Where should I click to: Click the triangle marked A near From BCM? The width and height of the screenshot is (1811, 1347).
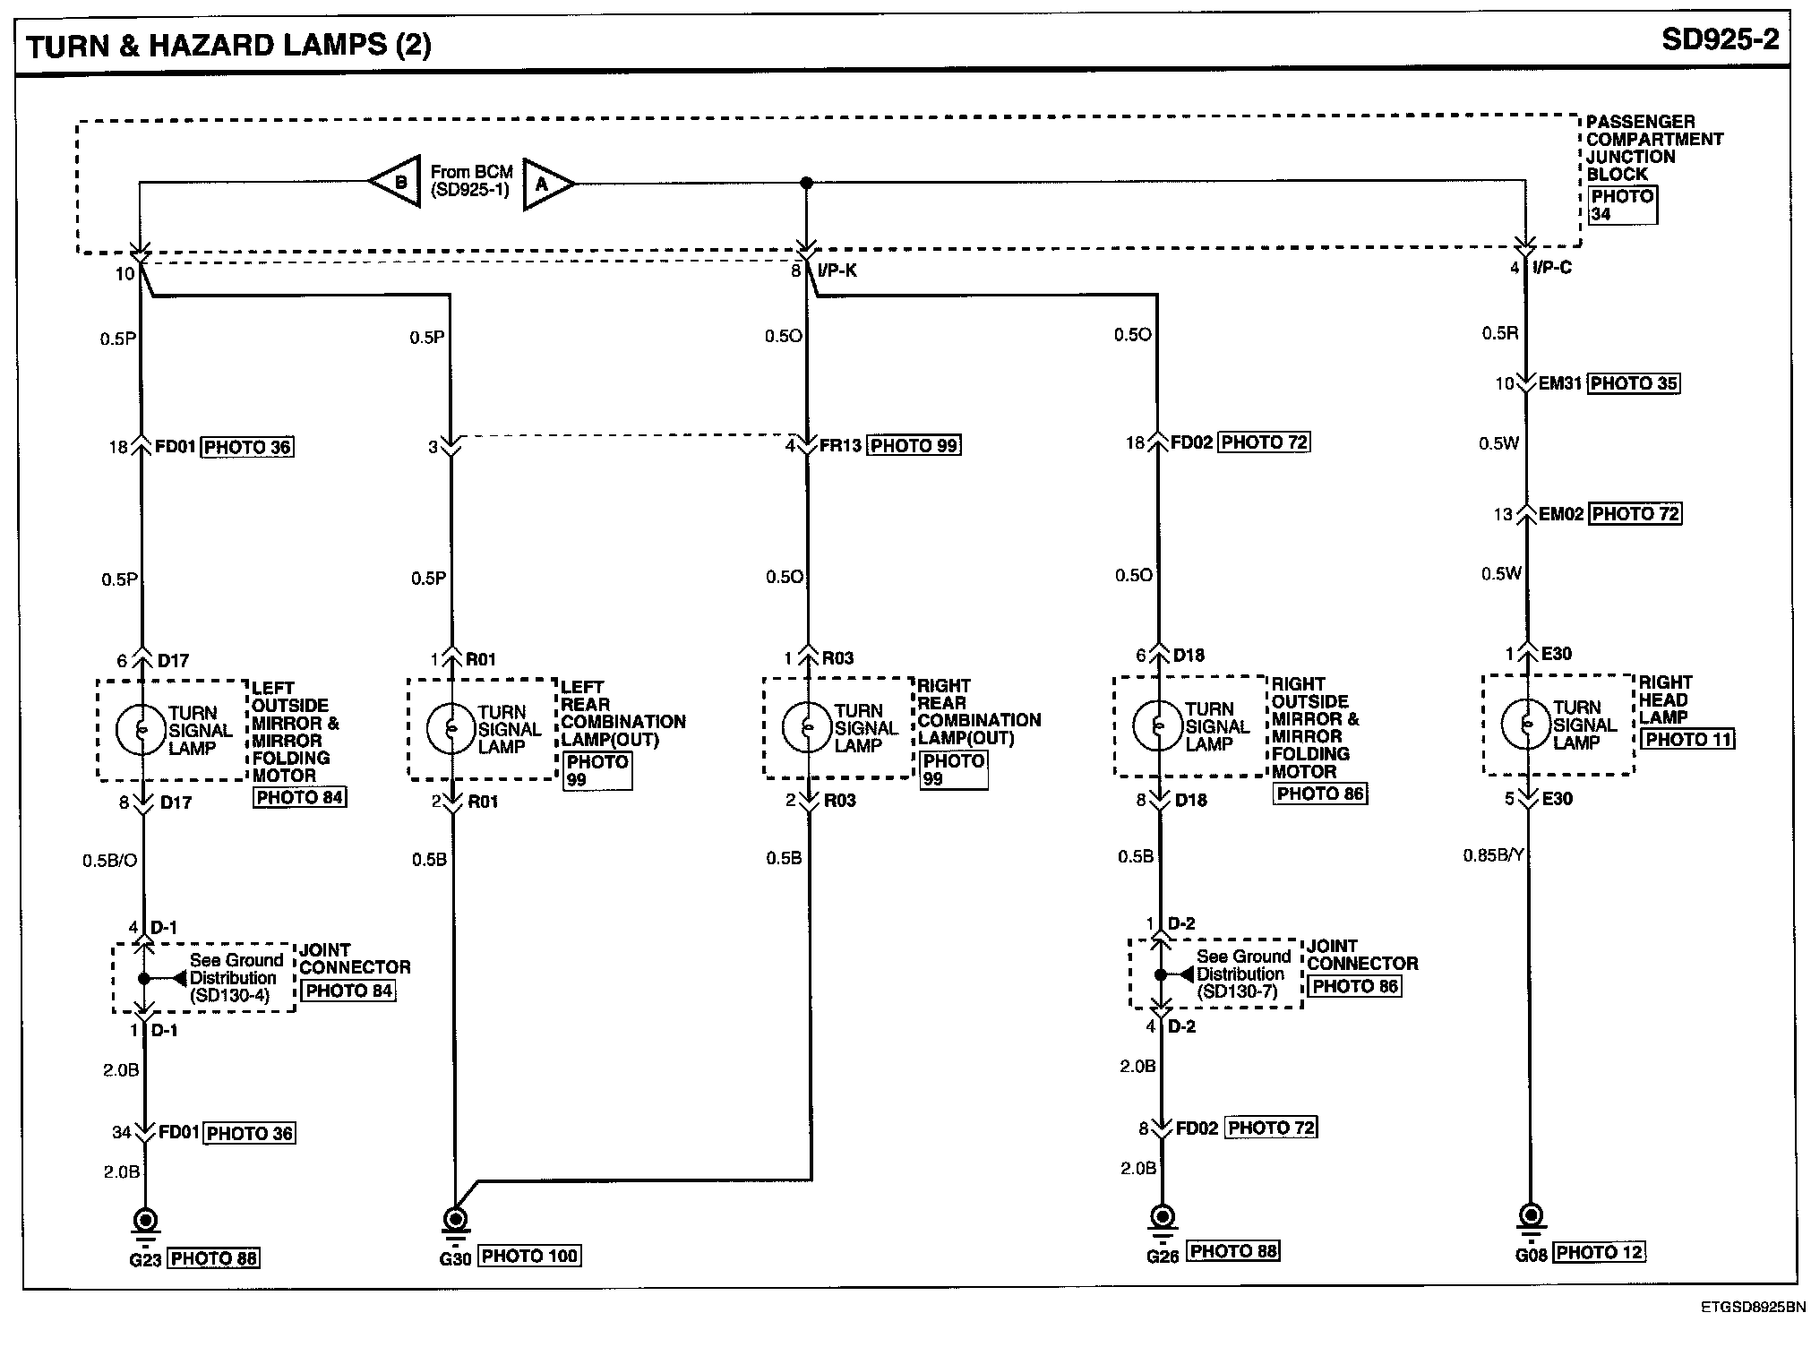click(x=545, y=184)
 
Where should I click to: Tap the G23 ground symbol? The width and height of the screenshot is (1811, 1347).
click(x=145, y=1222)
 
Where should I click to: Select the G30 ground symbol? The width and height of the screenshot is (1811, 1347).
click(x=455, y=1220)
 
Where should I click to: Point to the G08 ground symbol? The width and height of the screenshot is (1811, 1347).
click(x=1531, y=1217)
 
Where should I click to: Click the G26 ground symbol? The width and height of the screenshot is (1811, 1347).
click(x=1163, y=1217)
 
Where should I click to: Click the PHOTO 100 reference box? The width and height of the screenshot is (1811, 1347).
click(x=529, y=1257)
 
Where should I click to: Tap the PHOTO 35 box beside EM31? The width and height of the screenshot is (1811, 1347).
click(x=1635, y=383)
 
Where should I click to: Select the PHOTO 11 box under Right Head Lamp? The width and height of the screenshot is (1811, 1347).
click(x=1689, y=740)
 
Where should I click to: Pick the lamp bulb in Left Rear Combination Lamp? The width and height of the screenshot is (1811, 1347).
click(x=451, y=728)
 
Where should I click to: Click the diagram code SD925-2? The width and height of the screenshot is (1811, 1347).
click(x=1720, y=40)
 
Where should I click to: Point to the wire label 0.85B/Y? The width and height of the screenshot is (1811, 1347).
click(x=1493, y=856)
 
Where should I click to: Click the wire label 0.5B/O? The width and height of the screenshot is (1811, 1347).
click(x=109, y=861)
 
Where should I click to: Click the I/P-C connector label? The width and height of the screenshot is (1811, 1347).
click(x=1552, y=268)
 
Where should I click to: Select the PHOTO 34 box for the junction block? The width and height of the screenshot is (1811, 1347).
click(x=1622, y=205)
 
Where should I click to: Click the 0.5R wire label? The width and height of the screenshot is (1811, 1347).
click(x=1499, y=333)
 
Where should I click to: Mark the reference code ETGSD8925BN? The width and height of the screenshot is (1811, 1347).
click(x=1753, y=1308)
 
